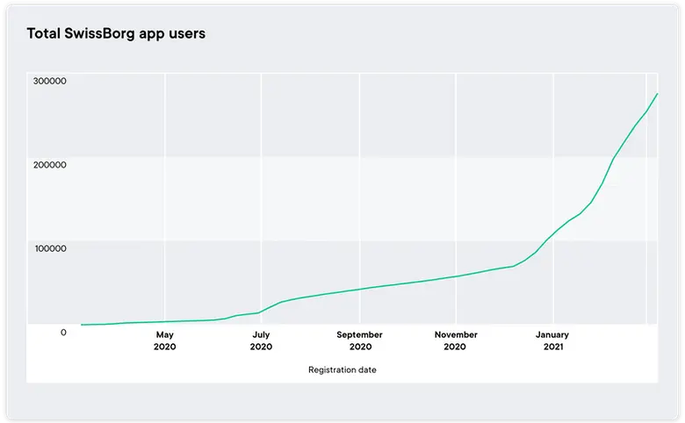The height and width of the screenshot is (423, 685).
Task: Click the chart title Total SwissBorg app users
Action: (x=116, y=33)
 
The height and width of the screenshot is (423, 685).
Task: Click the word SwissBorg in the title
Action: (x=99, y=33)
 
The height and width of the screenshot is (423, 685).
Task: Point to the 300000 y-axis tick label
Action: (x=50, y=81)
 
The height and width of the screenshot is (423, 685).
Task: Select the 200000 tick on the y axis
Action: (x=50, y=165)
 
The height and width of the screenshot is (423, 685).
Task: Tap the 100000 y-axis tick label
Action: (x=51, y=248)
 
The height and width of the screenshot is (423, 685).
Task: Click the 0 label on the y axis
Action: (x=63, y=333)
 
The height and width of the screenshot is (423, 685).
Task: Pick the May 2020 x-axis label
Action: (x=165, y=341)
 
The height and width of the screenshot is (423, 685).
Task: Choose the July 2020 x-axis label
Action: (x=261, y=341)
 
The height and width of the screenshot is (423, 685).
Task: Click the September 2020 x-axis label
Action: (x=359, y=341)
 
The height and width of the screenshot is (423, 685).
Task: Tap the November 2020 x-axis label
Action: (x=456, y=341)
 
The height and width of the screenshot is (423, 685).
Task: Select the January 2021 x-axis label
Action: (x=552, y=341)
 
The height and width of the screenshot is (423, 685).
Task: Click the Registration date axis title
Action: (x=342, y=369)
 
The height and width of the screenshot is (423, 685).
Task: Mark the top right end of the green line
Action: (x=657, y=94)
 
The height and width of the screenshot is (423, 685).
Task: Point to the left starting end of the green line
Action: (x=82, y=325)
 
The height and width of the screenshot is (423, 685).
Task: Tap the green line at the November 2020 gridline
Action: (x=456, y=276)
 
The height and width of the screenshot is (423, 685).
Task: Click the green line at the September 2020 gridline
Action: (x=359, y=290)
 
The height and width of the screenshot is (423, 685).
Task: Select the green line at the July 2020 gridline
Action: (x=261, y=312)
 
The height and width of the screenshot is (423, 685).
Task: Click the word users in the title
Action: (x=187, y=33)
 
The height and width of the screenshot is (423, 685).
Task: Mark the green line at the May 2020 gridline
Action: (x=165, y=322)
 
